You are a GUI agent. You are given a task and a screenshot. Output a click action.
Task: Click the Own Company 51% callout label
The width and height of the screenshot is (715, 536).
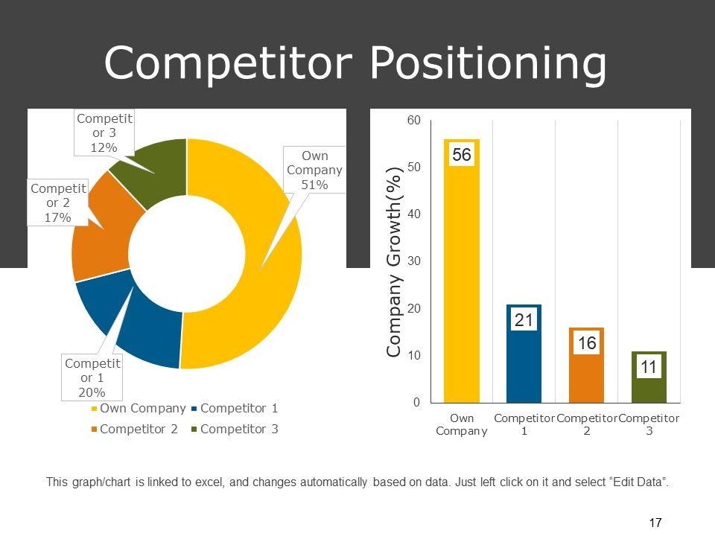click(314, 170)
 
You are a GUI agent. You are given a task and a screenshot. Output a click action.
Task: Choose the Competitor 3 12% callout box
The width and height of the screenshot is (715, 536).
click(104, 133)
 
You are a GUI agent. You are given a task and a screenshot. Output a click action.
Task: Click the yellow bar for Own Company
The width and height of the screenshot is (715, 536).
click(462, 283)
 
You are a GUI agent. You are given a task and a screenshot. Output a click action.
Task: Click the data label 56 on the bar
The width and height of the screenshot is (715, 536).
click(462, 155)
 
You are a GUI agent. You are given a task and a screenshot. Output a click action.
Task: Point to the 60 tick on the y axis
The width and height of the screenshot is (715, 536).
click(413, 120)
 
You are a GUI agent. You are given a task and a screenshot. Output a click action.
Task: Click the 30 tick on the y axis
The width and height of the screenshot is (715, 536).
click(413, 261)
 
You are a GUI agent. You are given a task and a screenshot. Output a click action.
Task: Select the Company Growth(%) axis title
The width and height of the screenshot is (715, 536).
click(394, 261)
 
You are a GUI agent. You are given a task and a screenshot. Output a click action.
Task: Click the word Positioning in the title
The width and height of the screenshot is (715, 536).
click(488, 63)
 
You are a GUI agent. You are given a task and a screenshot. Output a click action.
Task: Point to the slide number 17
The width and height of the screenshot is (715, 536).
click(655, 523)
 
